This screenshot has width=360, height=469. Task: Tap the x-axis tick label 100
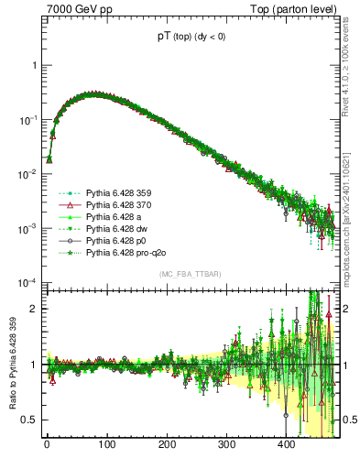pos(106,444)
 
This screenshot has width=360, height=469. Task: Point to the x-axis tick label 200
pos(167,444)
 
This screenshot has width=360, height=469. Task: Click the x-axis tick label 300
pos(226,444)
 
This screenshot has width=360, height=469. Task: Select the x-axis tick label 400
pos(287,444)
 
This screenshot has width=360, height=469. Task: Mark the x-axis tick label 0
pos(47,444)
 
